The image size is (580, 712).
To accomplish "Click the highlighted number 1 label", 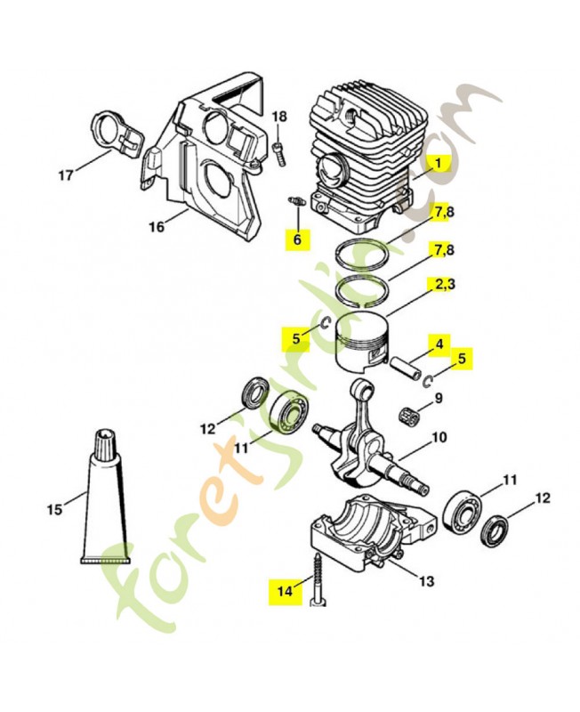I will [439, 164].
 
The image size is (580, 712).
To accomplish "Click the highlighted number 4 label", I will [439, 343].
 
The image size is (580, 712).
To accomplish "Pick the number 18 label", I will [279, 117].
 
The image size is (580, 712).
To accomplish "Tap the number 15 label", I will [54, 510].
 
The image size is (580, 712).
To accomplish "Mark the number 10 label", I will [439, 437].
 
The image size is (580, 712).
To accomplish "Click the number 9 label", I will [439, 397].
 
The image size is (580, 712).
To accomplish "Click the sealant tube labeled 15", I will [105, 498].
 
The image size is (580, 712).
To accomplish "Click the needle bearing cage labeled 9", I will [411, 414].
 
